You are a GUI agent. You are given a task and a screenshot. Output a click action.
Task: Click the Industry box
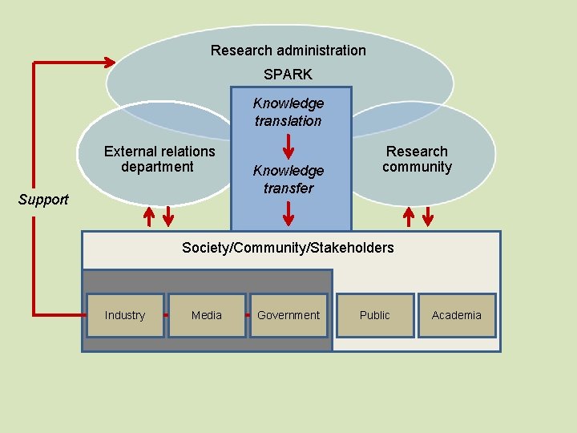coord(125,315)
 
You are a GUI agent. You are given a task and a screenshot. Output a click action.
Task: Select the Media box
coord(207,315)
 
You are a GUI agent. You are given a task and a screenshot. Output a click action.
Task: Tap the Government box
coord(288,315)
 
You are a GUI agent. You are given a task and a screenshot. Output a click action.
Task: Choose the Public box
coord(374,315)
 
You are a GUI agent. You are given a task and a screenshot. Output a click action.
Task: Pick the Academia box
coord(456,315)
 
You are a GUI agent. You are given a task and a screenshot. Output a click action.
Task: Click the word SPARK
coord(288,74)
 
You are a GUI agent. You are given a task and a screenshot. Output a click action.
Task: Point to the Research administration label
coord(288,51)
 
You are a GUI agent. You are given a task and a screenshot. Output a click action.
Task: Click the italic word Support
coord(43,200)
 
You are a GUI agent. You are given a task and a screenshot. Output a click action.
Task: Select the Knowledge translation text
coord(288,112)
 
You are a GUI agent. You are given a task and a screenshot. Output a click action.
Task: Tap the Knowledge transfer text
coord(288,180)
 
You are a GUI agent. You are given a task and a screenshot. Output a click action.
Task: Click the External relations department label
coord(159,159)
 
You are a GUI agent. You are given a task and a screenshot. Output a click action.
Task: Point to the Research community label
coord(417,159)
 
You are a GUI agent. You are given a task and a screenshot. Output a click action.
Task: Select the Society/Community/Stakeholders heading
coord(288,248)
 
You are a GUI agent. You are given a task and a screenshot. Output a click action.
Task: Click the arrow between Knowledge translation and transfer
coord(288,146)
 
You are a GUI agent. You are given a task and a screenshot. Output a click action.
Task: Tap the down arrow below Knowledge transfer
coord(288,213)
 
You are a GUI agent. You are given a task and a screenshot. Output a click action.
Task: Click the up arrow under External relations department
coord(149,216)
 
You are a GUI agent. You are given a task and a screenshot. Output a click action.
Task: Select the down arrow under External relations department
coord(168,216)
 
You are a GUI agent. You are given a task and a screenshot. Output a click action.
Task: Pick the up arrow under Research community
coord(409,216)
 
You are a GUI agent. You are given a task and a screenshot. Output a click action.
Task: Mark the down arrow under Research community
coord(428,216)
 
